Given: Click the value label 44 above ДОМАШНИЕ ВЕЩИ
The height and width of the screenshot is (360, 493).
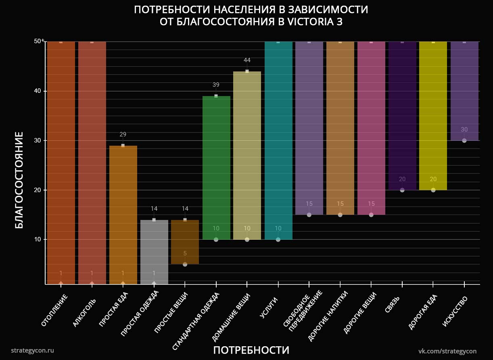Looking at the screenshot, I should pos(247,60).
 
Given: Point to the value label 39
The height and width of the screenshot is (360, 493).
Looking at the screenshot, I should pos(216,85).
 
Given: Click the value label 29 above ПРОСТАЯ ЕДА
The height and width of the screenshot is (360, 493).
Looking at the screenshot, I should pos(123,134).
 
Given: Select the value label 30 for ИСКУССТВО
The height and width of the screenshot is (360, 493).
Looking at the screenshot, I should pos(464,130).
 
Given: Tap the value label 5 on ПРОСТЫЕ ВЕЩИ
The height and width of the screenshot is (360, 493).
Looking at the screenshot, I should pos(185,253).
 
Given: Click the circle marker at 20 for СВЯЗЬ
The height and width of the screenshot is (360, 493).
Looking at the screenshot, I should pos(402,190).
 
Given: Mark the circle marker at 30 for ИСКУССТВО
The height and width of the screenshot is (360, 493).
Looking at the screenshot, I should pos(464,140).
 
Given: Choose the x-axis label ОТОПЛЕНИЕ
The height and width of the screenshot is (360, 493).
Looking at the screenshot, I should pos(54,310).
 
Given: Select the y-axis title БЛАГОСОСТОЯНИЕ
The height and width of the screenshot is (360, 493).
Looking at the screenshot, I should pos(19,180).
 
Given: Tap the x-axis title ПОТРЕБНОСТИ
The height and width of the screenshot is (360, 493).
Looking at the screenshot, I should pos(251,350).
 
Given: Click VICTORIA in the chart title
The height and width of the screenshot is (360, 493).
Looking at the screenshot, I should pos(309,22).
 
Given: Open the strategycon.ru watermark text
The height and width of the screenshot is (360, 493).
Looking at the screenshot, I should pos(32,350).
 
